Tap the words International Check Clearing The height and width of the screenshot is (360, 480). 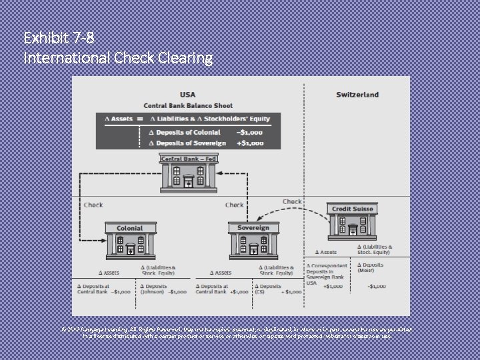pos(118,59)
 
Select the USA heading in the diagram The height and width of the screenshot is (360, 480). pos(187,94)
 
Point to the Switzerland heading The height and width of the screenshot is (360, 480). pos(357,94)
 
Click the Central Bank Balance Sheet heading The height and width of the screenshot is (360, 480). pos(188,105)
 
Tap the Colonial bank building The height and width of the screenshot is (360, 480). pos(130,241)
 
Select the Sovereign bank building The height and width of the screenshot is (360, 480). pos(253,241)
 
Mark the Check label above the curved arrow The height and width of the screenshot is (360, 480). pos(292,201)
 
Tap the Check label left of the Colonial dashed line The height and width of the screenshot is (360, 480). pos(93,205)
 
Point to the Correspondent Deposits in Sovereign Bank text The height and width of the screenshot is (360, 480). pos(326,271)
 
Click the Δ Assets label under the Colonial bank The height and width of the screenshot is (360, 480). pos(109,273)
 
